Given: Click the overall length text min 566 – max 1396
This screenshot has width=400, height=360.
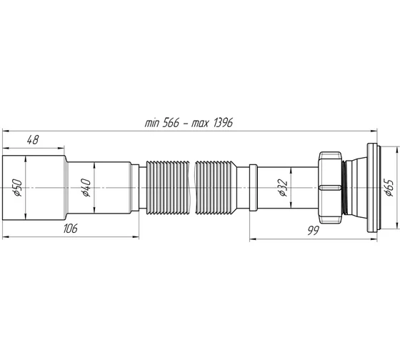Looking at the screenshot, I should [189, 123].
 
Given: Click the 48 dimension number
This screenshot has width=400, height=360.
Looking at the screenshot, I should [34, 141].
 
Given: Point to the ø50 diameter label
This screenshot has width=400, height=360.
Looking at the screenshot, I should [15, 187].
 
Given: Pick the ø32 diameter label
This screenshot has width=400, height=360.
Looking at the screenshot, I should [281, 187].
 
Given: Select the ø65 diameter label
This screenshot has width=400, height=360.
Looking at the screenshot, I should [389, 187].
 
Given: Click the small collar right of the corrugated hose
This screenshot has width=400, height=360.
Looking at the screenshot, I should [252, 187].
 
